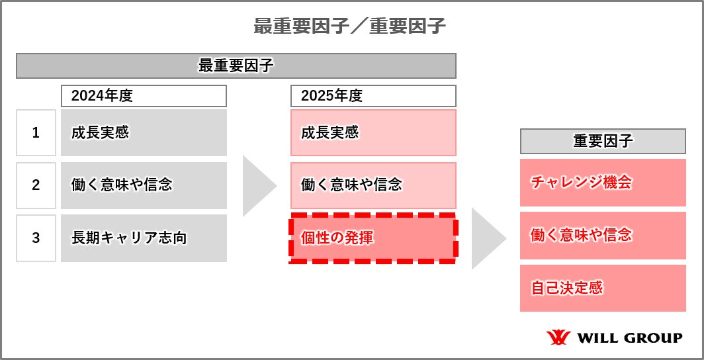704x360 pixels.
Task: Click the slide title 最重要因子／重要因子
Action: (x=350, y=26)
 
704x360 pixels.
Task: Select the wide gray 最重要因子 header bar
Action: (x=236, y=66)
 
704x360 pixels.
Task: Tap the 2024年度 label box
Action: (x=144, y=96)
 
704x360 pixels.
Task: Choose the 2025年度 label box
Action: (x=373, y=96)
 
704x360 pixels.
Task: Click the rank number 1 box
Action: (x=36, y=133)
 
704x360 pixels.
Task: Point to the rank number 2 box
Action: (x=36, y=185)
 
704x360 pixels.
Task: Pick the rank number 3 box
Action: (x=36, y=238)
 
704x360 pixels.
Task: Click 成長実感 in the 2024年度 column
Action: (x=144, y=133)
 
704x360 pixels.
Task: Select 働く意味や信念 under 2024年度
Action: (x=144, y=185)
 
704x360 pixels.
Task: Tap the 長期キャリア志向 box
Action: (x=144, y=238)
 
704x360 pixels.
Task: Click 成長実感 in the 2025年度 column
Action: (x=373, y=133)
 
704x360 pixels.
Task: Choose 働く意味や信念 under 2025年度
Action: (x=373, y=185)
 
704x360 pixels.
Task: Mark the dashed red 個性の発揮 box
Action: (x=373, y=238)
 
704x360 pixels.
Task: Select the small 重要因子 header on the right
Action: (x=603, y=142)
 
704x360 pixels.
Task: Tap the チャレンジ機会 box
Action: (x=603, y=183)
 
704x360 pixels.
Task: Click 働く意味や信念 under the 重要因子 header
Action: (x=603, y=235)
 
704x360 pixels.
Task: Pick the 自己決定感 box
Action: (x=603, y=288)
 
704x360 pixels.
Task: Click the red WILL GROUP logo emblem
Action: (x=558, y=337)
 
